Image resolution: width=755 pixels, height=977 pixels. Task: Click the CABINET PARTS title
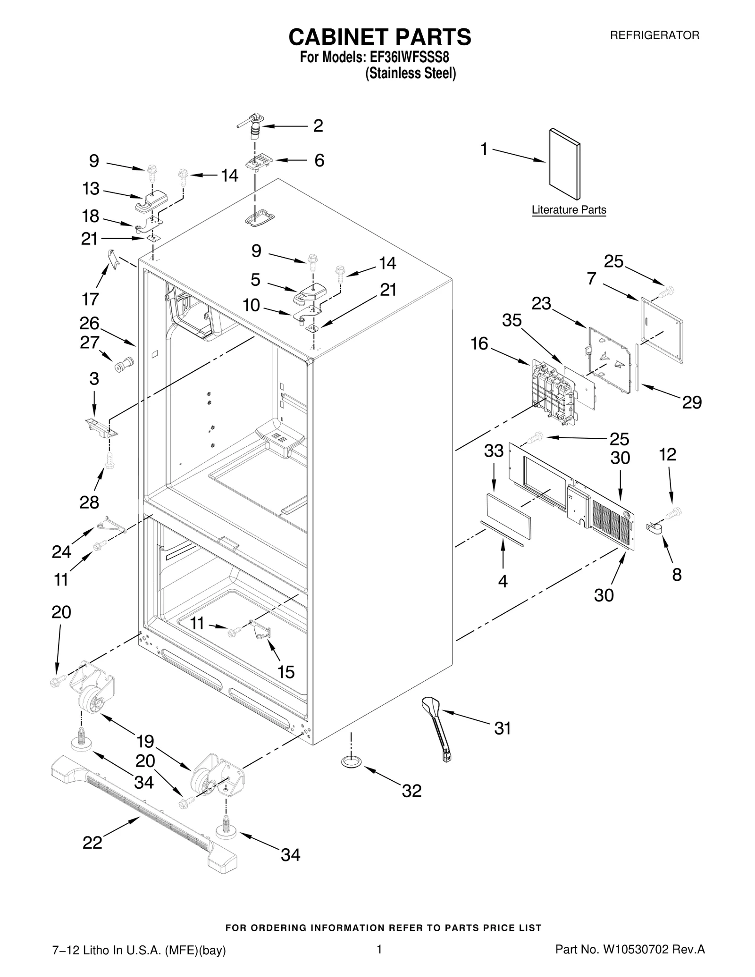click(x=379, y=37)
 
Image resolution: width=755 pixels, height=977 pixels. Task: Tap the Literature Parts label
click(x=569, y=210)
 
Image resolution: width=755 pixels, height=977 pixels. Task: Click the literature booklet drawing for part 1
click(x=564, y=164)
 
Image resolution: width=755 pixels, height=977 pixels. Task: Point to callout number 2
click(x=319, y=126)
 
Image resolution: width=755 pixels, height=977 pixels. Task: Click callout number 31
click(x=503, y=728)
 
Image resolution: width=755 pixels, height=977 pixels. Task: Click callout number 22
click(x=92, y=842)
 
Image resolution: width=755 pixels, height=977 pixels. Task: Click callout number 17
click(x=90, y=299)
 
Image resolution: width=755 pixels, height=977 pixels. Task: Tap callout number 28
click(x=89, y=502)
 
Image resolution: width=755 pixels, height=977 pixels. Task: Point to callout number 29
click(x=692, y=402)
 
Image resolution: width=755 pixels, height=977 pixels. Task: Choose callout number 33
click(x=494, y=451)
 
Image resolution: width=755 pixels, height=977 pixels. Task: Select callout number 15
click(x=286, y=672)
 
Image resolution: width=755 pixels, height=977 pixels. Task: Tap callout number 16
click(x=479, y=343)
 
